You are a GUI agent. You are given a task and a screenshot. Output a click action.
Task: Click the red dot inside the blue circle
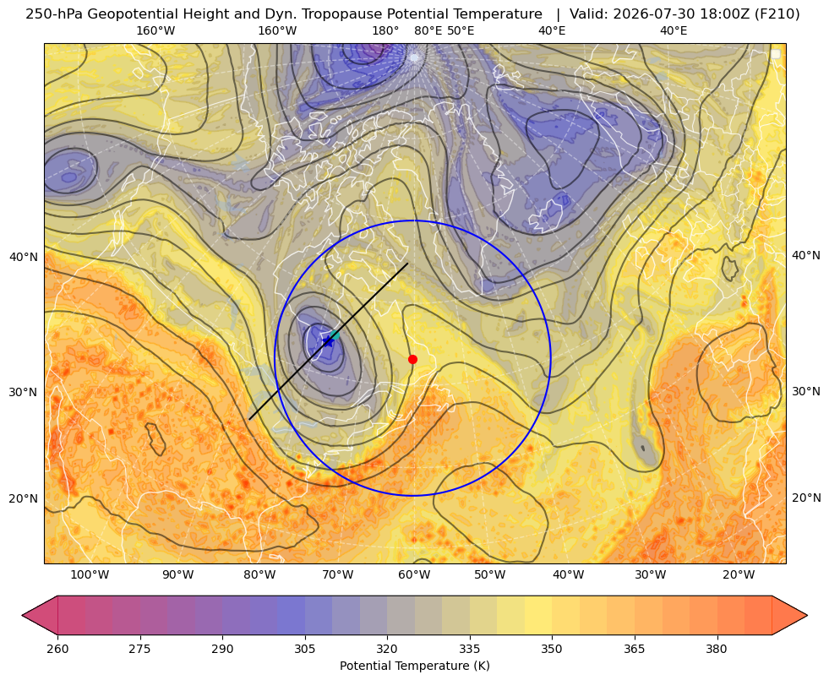tap(413, 359)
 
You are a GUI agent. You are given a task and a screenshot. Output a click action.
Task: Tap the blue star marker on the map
tap(329, 342)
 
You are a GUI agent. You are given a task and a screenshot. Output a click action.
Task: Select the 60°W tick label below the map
tap(413, 575)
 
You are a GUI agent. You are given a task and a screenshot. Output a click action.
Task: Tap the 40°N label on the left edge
tap(24, 258)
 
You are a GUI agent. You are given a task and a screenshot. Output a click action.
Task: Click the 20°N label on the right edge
tap(806, 498)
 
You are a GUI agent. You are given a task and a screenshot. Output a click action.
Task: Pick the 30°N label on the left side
tap(24, 393)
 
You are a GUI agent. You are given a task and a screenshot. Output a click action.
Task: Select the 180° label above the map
tap(385, 30)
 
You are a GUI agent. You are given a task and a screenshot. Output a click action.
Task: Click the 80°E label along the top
tap(428, 30)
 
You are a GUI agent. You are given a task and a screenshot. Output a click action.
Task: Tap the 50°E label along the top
tap(461, 30)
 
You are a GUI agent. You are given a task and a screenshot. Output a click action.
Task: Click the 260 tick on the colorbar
tap(57, 649)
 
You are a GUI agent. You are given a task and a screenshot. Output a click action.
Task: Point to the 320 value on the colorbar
tap(387, 649)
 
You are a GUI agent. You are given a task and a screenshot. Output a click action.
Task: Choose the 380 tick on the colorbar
tap(717, 649)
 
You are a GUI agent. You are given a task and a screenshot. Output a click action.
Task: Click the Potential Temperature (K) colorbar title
tap(414, 666)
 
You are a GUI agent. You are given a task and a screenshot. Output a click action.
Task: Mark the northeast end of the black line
tap(407, 263)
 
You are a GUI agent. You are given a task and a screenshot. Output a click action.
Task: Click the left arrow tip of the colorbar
tap(22, 615)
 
